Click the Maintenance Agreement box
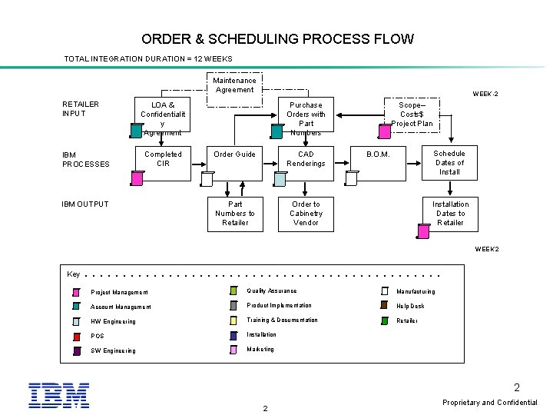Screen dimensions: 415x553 [x=234, y=85]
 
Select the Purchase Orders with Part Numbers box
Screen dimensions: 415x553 [x=306, y=118]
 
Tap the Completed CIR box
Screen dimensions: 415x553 [x=163, y=162]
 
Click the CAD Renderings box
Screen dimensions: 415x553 [x=306, y=162]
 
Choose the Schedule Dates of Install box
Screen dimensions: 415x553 [x=449, y=162]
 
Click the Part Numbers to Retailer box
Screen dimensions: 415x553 [x=234, y=214]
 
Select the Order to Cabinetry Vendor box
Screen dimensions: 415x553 [x=306, y=214]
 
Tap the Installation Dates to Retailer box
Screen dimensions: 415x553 [x=449, y=214]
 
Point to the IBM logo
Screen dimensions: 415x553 [x=59, y=394]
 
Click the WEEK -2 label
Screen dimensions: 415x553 [x=485, y=94]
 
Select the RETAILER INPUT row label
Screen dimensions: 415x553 [x=81, y=108]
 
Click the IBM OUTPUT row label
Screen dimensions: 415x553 [x=85, y=204]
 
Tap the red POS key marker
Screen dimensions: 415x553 [x=77, y=336]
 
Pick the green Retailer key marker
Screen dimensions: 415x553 [x=385, y=320]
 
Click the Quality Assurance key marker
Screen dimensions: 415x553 [x=233, y=291]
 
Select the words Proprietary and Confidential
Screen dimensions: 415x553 [x=490, y=403]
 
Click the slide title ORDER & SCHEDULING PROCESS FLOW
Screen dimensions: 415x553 [x=277, y=38]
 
